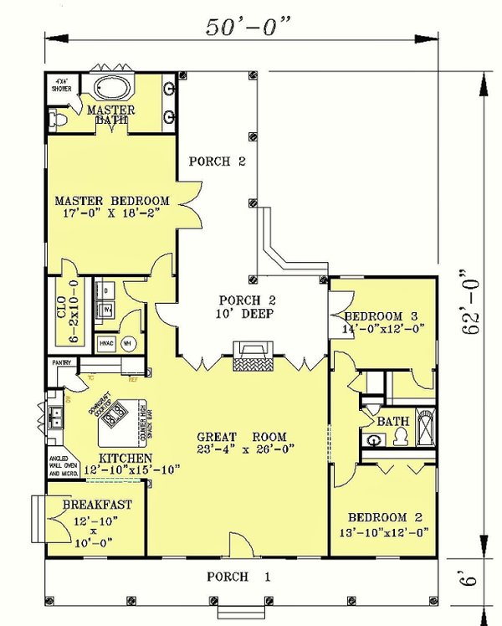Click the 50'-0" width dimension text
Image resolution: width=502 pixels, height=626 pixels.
248,27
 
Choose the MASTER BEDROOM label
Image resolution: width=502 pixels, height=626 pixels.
112,201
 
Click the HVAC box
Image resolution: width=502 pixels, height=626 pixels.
106,342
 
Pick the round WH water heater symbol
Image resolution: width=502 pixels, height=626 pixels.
129,342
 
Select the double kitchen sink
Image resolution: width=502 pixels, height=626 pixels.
57,416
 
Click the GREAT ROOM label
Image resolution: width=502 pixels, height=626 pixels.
242,436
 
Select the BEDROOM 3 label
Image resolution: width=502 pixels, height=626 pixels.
381,316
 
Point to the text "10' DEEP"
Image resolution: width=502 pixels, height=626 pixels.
248,315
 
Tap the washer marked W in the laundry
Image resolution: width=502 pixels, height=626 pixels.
108,310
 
